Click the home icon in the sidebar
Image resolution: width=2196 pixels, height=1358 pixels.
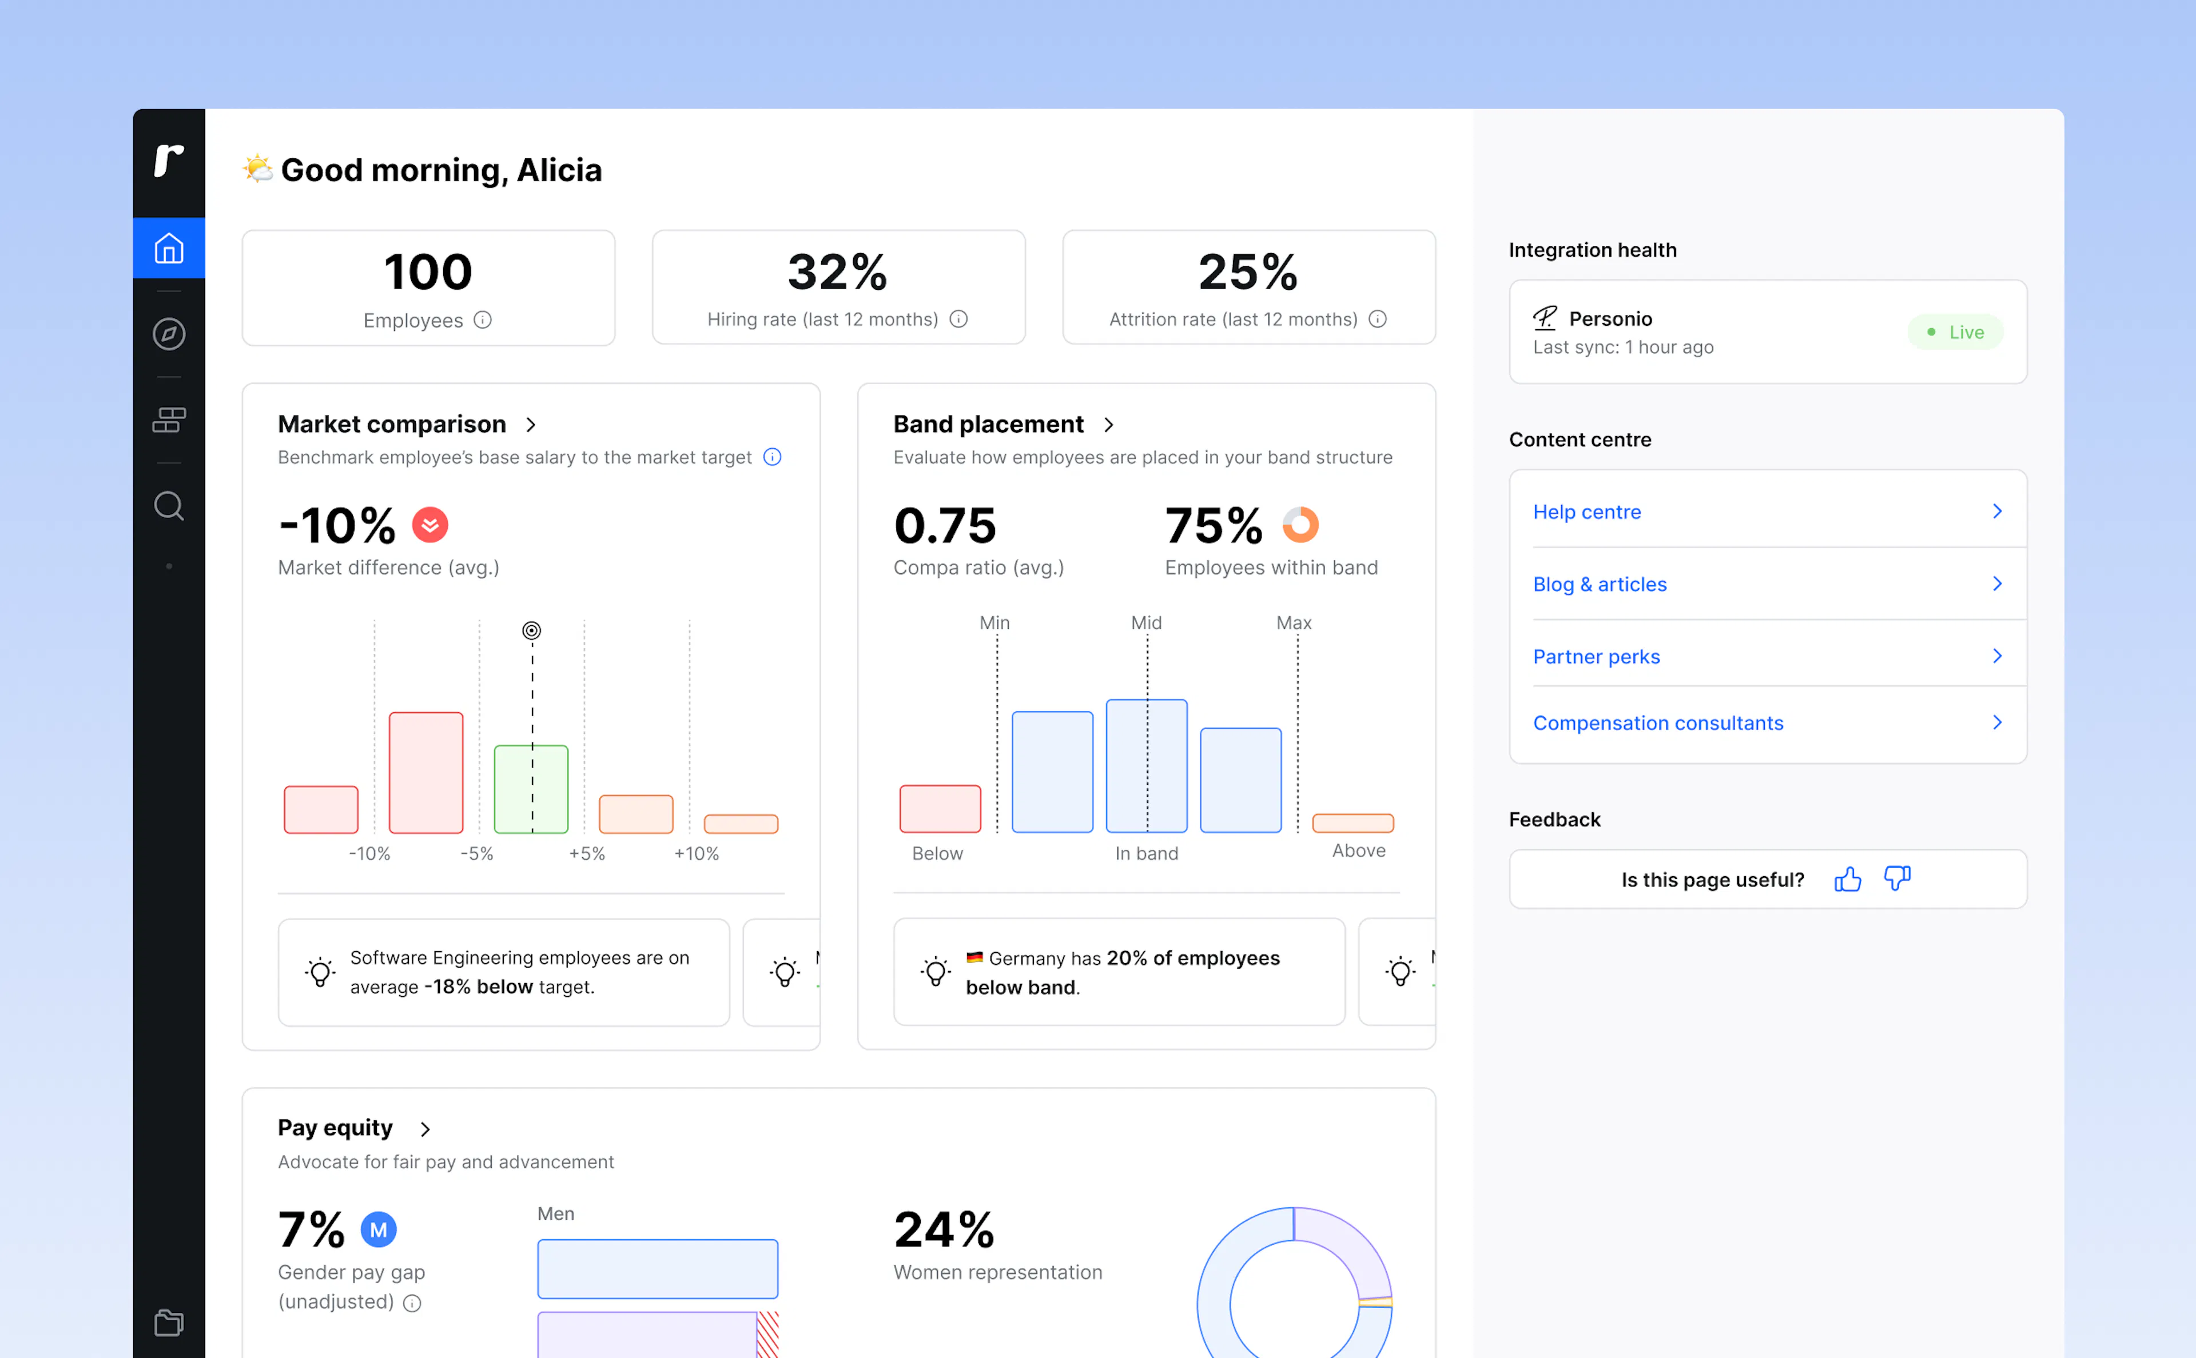click(x=169, y=248)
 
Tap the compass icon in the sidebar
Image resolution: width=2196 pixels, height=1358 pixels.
click(x=169, y=334)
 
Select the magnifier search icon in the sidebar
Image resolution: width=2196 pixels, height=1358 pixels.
click(x=169, y=506)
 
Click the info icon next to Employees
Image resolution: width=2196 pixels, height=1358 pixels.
click(x=483, y=319)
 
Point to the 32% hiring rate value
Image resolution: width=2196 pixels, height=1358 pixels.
click(x=837, y=272)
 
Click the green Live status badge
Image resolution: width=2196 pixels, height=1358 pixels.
click(x=1955, y=332)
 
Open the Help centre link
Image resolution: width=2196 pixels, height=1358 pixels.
click(x=1587, y=512)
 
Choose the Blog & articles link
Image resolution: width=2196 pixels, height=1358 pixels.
click(x=1600, y=585)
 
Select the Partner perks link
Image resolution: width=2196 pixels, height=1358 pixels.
click(x=1596, y=657)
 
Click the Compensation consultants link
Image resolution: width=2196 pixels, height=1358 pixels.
click(x=1658, y=723)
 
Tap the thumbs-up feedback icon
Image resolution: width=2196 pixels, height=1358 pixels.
click(x=1847, y=878)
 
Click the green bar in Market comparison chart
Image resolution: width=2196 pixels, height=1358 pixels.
click(x=531, y=789)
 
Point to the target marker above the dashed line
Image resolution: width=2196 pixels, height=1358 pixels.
click(x=532, y=630)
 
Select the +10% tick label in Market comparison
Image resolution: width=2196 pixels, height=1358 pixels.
click(x=697, y=853)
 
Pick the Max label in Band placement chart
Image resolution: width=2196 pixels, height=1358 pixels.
click(x=1294, y=622)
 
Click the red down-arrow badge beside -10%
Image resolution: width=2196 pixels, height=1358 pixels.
click(x=429, y=525)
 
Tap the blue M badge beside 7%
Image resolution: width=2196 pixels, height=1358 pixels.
click(x=378, y=1229)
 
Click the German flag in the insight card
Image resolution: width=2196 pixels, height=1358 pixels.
click(x=974, y=957)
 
